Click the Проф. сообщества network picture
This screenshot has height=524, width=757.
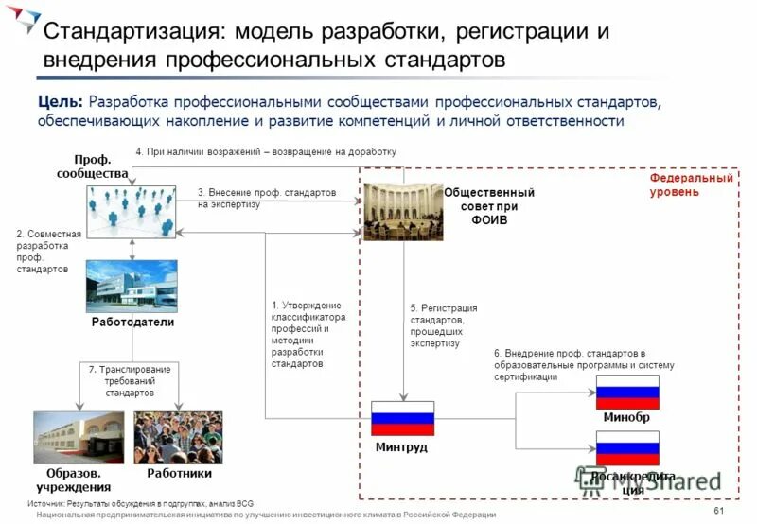point(132,209)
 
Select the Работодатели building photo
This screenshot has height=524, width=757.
point(132,286)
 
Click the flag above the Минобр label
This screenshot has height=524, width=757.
point(626,392)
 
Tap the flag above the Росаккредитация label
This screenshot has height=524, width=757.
point(626,448)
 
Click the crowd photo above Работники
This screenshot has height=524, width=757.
point(179,437)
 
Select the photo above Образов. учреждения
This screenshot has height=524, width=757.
point(79,437)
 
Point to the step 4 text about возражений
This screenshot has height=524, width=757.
point(265,151)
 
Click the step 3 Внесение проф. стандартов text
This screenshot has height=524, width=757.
point(267,198)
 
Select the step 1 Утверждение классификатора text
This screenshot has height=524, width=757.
point(308,334)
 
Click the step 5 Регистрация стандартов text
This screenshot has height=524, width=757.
point(443,326)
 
